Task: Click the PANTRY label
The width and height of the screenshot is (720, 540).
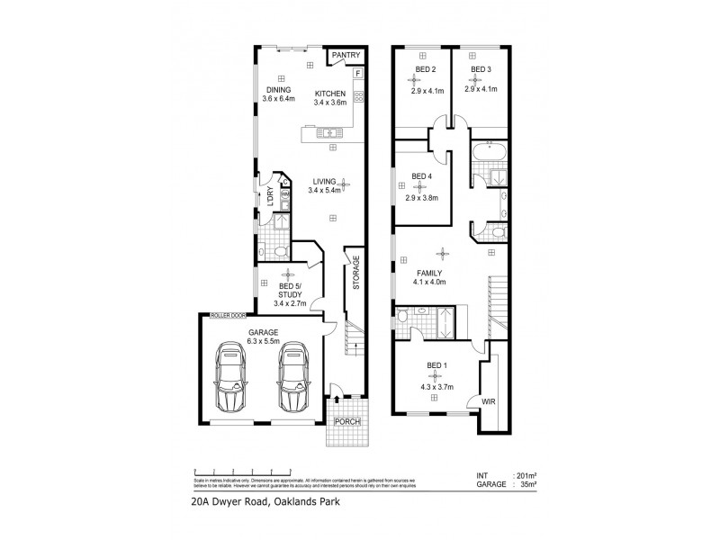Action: [x=346, y=56]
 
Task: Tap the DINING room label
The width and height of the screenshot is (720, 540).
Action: [x=278, y=89]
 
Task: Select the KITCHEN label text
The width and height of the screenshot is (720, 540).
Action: [x=330, y=94]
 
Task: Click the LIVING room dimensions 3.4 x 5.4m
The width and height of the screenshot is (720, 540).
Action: [x=326, y=191]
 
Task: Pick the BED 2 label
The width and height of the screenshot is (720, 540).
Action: [x=426, y=69]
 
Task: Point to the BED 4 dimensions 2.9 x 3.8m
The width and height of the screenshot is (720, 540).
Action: [x=422, y=198]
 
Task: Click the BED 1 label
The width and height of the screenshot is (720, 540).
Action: [x=436, y=365]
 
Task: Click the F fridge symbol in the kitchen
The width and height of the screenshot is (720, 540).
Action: [x=357, y=72]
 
